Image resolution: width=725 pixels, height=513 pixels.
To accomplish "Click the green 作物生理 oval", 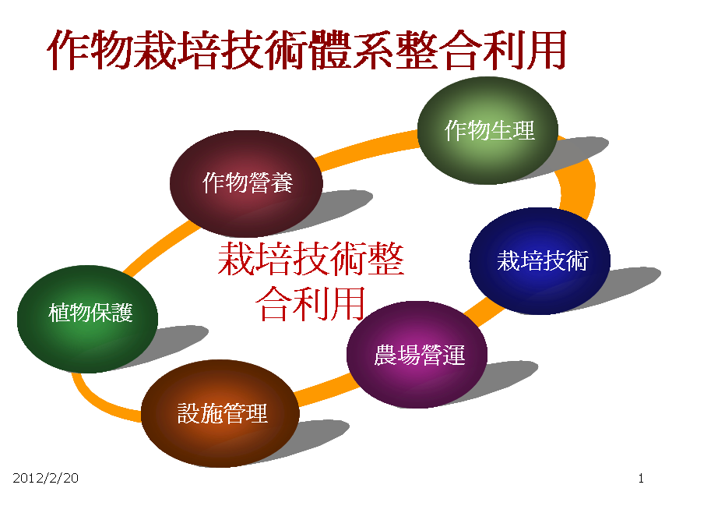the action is click(487, 130).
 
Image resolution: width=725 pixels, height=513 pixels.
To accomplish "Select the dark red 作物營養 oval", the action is click(246, 184).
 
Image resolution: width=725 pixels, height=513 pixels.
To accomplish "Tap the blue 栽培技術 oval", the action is click(540, 261).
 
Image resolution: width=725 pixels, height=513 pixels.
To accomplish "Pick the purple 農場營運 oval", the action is click(417, 355).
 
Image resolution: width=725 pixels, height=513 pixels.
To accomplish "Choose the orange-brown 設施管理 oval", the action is click(220, 413).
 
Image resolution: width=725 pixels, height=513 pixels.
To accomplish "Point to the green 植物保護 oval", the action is click(87, 319).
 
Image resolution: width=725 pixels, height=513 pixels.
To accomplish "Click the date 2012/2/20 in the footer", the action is click(45, 478).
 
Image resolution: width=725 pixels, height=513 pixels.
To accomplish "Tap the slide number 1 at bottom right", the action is click(641, 478).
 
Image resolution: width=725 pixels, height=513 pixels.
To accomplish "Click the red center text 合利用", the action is click(311, 304).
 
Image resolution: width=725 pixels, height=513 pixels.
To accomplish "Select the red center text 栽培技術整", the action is click(311, 260).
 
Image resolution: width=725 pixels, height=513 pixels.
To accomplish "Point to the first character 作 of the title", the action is click(69, 50).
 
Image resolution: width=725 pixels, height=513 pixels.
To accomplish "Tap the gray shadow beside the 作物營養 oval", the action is click(342, 206).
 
